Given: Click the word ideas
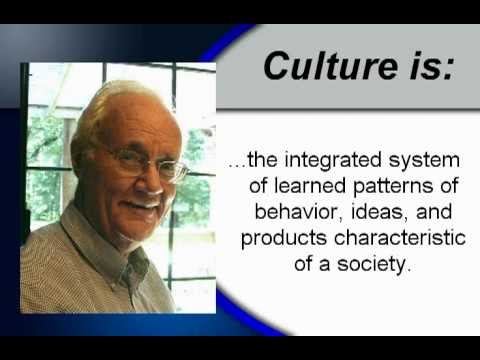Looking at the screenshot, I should pos(355,214).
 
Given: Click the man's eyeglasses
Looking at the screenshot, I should pos(150,160).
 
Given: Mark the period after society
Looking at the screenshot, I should pos(411,271).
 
